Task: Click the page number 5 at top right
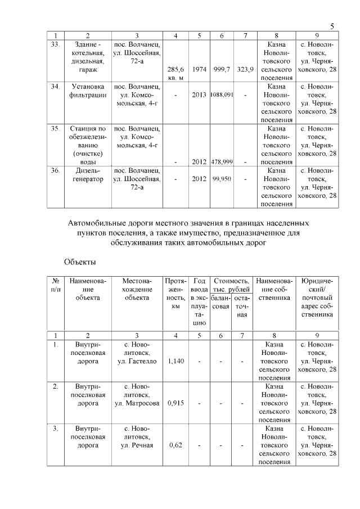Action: coord(332,26)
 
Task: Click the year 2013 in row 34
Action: coord(199,95)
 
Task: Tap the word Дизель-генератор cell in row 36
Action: coord(87,174)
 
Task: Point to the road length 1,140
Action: coord(176,361)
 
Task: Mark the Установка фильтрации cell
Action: coord(87,91)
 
